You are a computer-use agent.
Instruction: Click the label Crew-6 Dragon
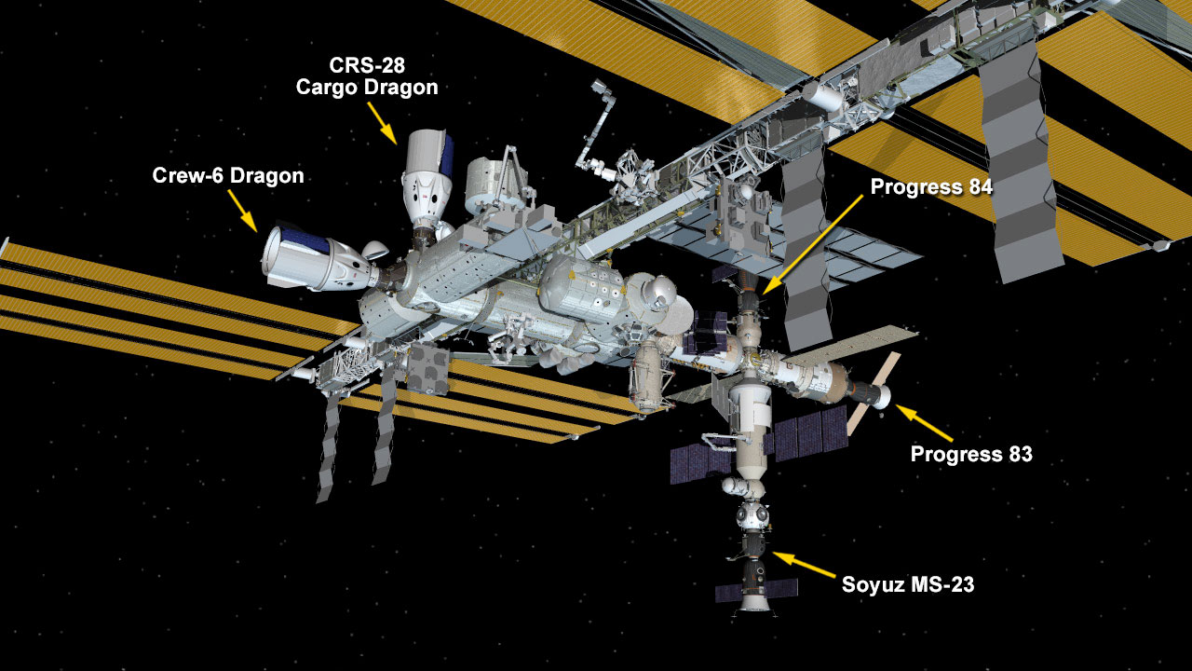click(x=228, y=176)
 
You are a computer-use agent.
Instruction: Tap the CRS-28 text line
click(x=367, y=65)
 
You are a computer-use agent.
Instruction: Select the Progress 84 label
click(x=931, y=187)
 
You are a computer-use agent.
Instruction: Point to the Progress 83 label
click(x=971, y=454)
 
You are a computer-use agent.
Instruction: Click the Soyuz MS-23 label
click(x=908, y=584)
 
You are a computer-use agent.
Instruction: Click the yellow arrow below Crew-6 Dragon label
click(x=243, y=211)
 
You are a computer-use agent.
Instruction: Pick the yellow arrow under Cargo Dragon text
click(x=382, y=123)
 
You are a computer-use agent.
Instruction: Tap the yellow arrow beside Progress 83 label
click(x=923, y=423)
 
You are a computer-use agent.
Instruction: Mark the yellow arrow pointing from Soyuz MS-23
click(x=804, y=565)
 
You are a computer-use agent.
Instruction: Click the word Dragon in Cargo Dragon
click(x=403, y=88)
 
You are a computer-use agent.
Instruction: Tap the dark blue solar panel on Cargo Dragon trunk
click(x=446, y=156)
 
